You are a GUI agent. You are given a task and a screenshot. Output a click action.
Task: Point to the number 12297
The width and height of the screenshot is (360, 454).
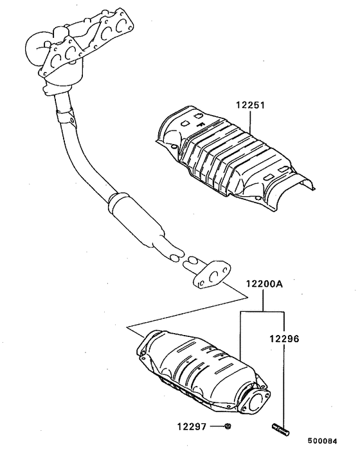click(192, 426)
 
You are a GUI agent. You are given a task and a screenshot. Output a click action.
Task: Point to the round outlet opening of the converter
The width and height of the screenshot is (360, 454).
click(258, 403)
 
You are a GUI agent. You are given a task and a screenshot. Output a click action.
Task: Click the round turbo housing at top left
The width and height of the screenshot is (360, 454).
click(37, 49)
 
